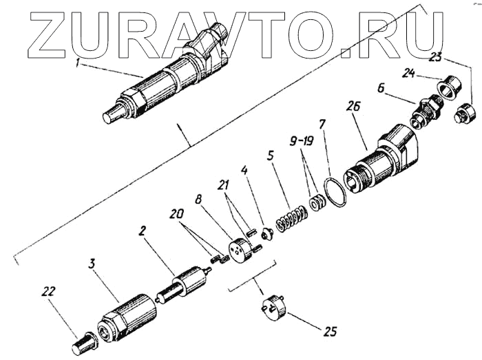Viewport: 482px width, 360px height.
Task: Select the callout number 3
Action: click(x=92, y=264)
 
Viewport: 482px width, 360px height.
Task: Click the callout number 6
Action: click(x=380, y=88)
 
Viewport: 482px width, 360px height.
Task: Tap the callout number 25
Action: click(x=331, y=332)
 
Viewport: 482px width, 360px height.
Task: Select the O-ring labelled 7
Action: click(x=335, y=192)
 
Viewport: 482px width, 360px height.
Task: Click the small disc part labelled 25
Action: click(x=273, y=307)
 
